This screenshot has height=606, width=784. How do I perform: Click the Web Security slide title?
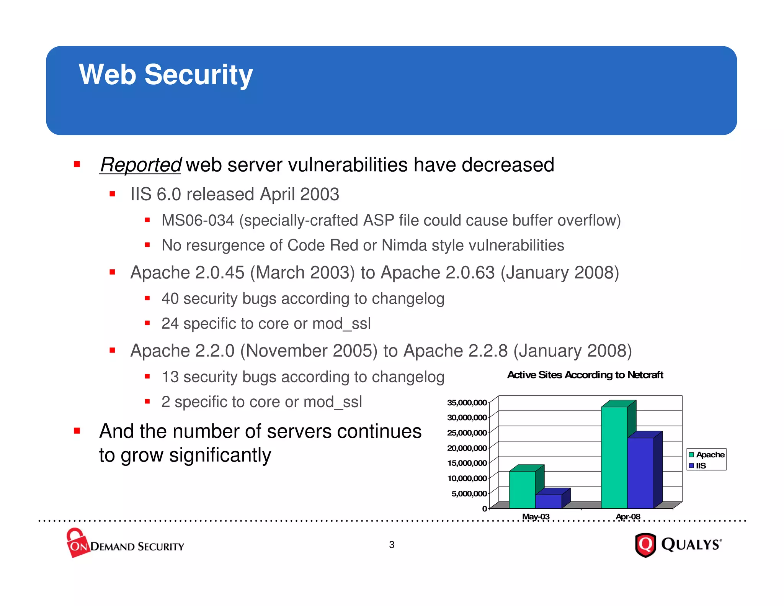pos(166,74)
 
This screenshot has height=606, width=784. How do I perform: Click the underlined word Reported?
pos(140,165)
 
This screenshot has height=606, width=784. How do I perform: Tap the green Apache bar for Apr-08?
pos(614,457)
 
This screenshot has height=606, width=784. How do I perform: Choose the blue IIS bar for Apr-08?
pos(640,473)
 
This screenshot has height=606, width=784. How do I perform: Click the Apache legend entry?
pos(706,455)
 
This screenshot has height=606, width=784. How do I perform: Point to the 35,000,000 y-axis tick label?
pos(467,403)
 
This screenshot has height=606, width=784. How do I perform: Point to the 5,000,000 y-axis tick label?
pos(469,493)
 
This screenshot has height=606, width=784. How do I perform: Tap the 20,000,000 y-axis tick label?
pos(467,448)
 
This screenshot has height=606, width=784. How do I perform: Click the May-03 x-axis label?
pos(536,516)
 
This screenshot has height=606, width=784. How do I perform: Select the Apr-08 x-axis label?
pos(628,516)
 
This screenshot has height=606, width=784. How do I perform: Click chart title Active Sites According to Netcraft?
pos(585,375)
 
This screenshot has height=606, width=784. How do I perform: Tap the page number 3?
pos(392,545)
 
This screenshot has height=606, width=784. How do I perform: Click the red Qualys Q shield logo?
pos(646,545)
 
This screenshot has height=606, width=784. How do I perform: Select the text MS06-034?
pos(198,221)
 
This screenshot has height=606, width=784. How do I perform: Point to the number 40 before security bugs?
pos(170,299)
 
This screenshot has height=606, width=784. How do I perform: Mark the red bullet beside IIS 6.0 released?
pos(112,194)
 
